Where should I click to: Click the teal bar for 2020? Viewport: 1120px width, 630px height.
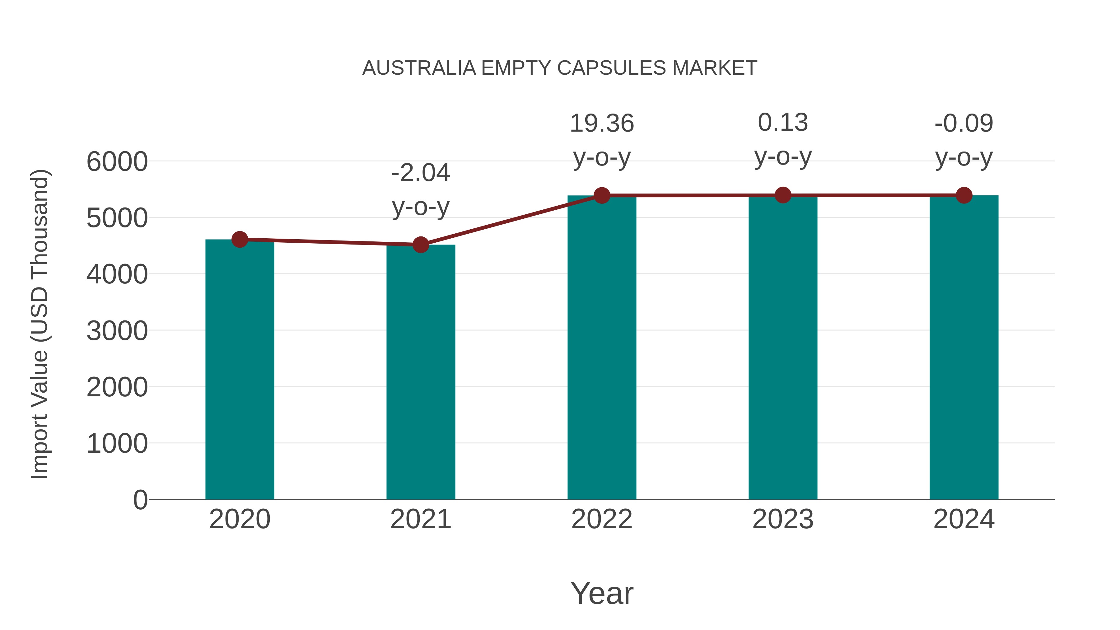click(x=240, y=370)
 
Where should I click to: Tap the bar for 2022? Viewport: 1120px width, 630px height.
click(x=602, y=348)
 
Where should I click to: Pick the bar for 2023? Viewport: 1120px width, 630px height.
click(x=783, y=348)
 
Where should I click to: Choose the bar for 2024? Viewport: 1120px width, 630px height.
click(x=964, y=348)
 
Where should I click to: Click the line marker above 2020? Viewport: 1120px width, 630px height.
click(x=240, y=239)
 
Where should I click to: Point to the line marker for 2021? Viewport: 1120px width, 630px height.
click(x=420, y=245)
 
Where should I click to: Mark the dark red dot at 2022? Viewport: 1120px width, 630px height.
click(x=602, y=196)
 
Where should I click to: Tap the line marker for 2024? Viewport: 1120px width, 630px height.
click(x=964, y=196)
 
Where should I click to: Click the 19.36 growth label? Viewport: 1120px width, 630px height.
click(x=602, y=124)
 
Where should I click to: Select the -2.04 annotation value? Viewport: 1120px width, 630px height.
click(x=420, y=173)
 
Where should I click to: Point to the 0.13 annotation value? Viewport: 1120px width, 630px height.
click(x=783, y=123)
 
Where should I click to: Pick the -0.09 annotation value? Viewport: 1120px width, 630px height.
click(x=964, y=124)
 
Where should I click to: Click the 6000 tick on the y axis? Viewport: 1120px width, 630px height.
click(x=117, y=162)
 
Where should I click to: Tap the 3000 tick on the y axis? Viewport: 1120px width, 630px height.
click(x=117, y=331)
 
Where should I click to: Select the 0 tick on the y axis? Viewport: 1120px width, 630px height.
click(x=140, y=500)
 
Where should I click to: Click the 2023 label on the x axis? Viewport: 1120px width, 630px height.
click(x=783, y=519)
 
